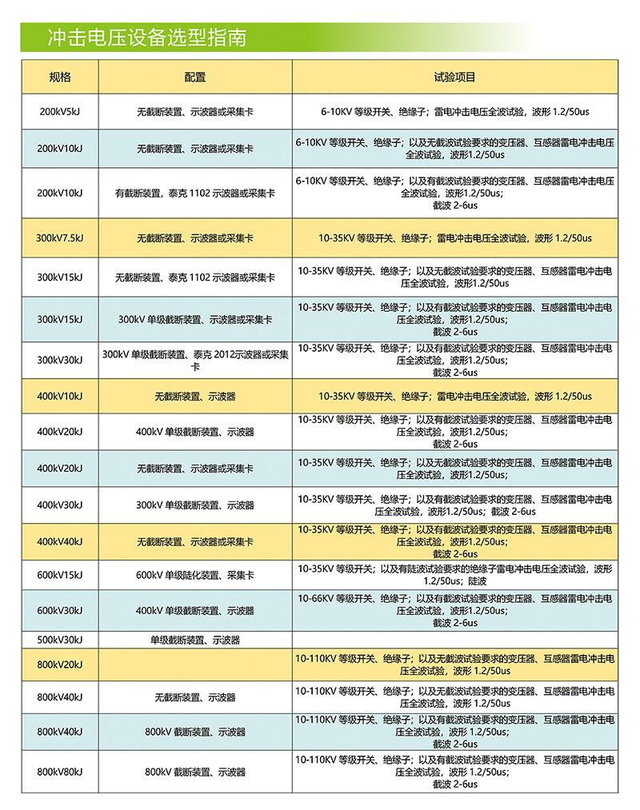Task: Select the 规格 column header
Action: click(x=60, y=78)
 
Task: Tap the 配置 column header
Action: click(x=194, y=78)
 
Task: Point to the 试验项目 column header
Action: click(x=454, y=78)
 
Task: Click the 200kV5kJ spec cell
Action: click(x=60, y=111)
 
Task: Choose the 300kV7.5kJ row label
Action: click(x=60, y=238)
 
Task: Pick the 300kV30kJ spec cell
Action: click(x=60, y=360)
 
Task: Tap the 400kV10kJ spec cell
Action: click(x=60, y=396)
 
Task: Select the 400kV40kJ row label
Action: click(x=60, y=542)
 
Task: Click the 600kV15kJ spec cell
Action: click(x=60, y=575)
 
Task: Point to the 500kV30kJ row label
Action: click(x=60, y=640)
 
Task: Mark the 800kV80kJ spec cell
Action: click(x=60, y=772)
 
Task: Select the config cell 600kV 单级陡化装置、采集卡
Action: click(x=194, y=575)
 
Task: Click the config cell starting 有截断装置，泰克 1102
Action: click(x=194, y=193)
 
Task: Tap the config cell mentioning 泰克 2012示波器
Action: click(x=194, y=360)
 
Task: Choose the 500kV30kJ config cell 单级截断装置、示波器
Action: click(x=194, y=640)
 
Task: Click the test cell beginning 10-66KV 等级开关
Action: click(x=454, y=610)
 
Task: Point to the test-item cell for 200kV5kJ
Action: click(x=454, y=111)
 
